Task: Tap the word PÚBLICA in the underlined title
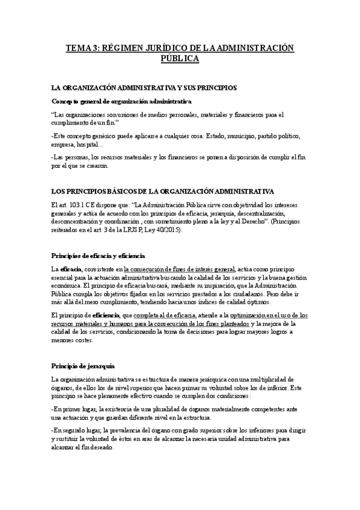tap(180, 58)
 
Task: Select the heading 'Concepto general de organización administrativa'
tap(121, 100)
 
